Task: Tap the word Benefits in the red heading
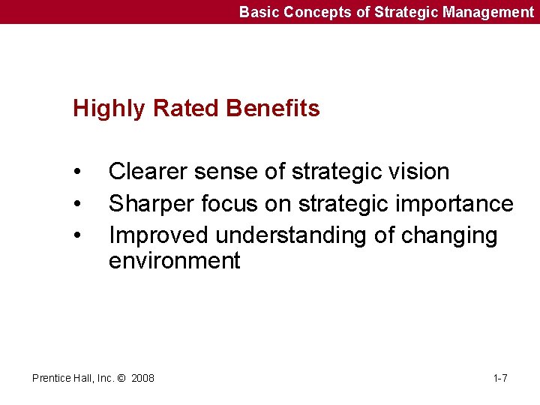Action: (273, 109)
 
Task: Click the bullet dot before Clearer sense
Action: (78, 172)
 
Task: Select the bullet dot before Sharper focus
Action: (78, 205)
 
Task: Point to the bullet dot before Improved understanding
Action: (78, 236)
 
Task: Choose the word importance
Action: (460, 204)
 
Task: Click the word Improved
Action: (159, 235)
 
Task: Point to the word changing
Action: (449, 236)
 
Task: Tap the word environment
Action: (174, 261)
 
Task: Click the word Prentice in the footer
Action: (51, 378)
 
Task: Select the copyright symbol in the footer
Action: (121, 378)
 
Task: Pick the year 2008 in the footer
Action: (142, 378)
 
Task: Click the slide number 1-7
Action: (500, 378)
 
